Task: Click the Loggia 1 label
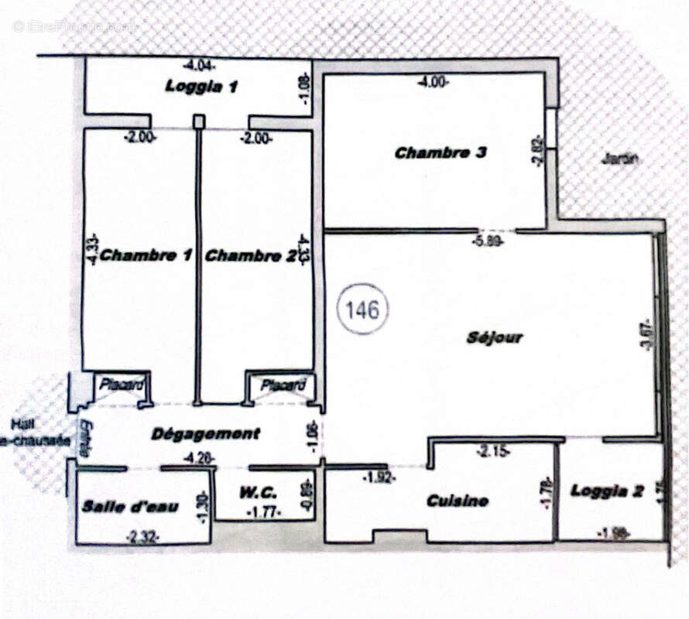click(201, 87)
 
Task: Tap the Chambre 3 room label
click(440, 153)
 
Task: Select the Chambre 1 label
click(146, 255)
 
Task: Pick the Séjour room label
click(495, 337)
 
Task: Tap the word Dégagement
click(205, 433)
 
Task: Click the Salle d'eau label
click(131, 507)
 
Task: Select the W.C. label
click(254, 490)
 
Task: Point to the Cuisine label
click(458, 501)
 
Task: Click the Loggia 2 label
click(607, 491)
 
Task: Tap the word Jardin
click(620, 159)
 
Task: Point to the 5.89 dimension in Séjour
click(489, 241)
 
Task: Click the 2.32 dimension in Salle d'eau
click(142, 535)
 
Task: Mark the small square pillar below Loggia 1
click(199, 121)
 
